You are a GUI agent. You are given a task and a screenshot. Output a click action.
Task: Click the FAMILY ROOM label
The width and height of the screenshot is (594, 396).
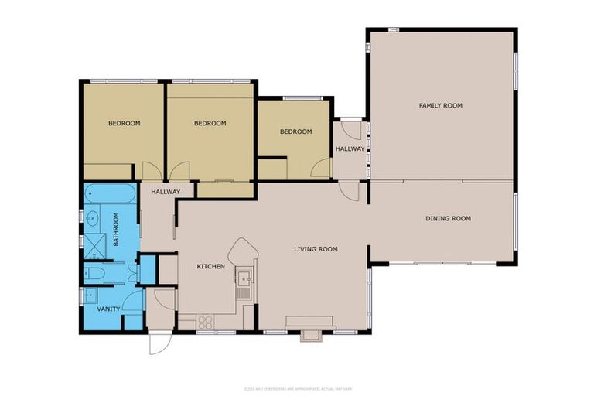(x=440, y=105)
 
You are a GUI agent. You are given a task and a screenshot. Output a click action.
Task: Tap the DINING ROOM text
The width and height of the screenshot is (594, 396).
(x=448, y=218)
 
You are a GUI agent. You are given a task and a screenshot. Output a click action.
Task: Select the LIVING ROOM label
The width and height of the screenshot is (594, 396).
(x=316, y=249)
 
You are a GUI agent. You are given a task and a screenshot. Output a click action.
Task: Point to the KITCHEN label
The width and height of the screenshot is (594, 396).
(x=210, y=267)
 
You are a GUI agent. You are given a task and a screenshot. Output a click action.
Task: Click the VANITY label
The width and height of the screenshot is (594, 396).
(x=108, y=309)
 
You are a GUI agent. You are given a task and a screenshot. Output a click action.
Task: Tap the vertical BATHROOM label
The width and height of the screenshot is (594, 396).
(x=117, y=230)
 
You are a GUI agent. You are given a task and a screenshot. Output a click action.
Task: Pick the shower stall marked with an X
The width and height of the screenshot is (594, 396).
(x=96, y=247)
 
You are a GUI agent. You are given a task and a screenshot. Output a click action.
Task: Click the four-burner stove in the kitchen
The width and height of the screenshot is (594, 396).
(x=207, y=321)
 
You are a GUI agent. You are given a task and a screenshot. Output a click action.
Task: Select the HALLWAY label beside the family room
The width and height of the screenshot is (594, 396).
(x=350, y=148)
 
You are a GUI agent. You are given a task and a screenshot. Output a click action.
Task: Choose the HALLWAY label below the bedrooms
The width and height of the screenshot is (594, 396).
(x=166, y=192)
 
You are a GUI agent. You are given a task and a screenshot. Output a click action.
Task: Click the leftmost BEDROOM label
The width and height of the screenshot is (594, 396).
(x=124, y=123)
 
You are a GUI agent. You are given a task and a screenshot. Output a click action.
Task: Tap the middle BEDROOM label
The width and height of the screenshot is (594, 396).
(x=210, y=123)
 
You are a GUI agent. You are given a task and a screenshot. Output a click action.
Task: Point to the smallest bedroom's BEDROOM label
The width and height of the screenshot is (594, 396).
(x=295, y=131)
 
